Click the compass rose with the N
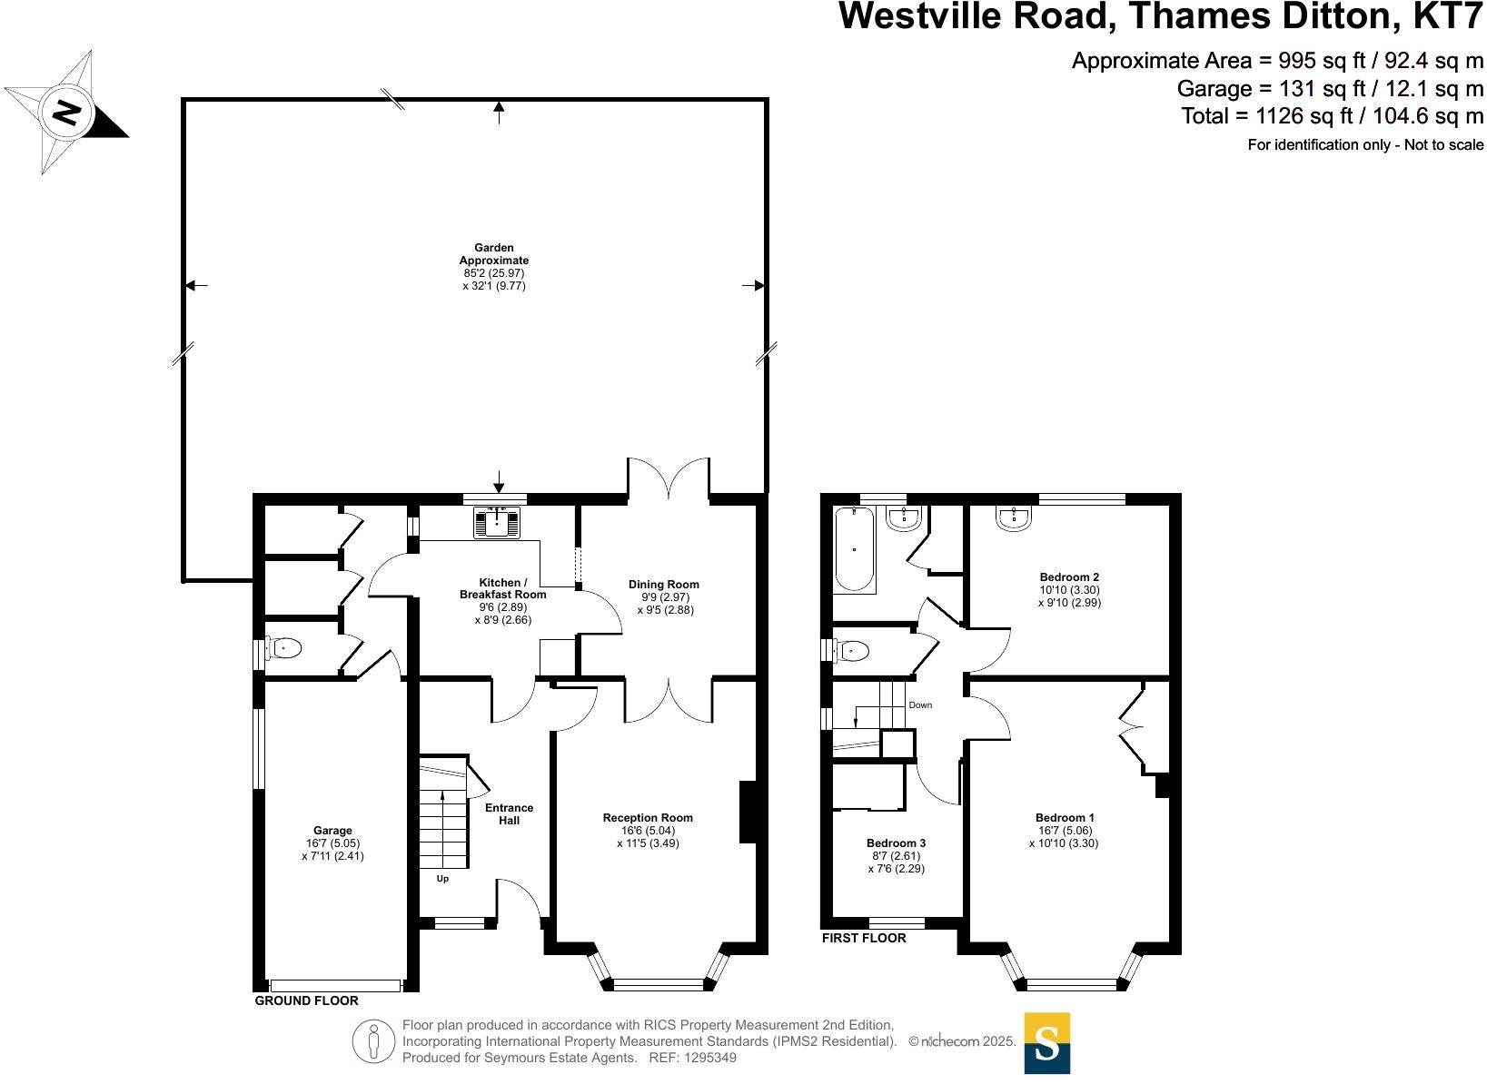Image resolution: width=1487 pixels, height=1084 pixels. click(x=65, y=113)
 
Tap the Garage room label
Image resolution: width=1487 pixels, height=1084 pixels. click(x=332, y=831)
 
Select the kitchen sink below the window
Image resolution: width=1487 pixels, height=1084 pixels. click(x=497, y=523)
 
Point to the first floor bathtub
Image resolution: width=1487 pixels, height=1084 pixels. click(x=854, y=550)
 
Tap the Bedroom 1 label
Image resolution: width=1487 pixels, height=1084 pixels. click(x=1065, y=818)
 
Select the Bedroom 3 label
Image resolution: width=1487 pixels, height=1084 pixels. click(x=896, y=843)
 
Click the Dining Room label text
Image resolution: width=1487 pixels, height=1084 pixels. click(x=663, y=585)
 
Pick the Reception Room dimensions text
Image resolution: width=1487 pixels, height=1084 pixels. click(x=647, y=836)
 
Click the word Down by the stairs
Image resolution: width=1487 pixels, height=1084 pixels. click(x=919, y=705)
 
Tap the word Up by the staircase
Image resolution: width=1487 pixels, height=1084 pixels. click(x=442, y=879)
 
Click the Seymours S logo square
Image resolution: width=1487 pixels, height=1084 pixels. click(x=1046, y=1043)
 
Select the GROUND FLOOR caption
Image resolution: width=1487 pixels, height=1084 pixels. click(x=306, y=1000)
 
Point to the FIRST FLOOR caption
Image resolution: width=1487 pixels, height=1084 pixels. click(x=864, y=938)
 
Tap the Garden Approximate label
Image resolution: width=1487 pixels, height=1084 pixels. click(x=494, y=254)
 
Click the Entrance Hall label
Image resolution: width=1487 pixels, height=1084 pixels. click(x=509, y=814)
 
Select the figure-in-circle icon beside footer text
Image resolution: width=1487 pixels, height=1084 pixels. click(x=373, y=1041)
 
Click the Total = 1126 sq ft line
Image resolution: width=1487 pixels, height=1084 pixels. click(x=1332, y=116)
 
